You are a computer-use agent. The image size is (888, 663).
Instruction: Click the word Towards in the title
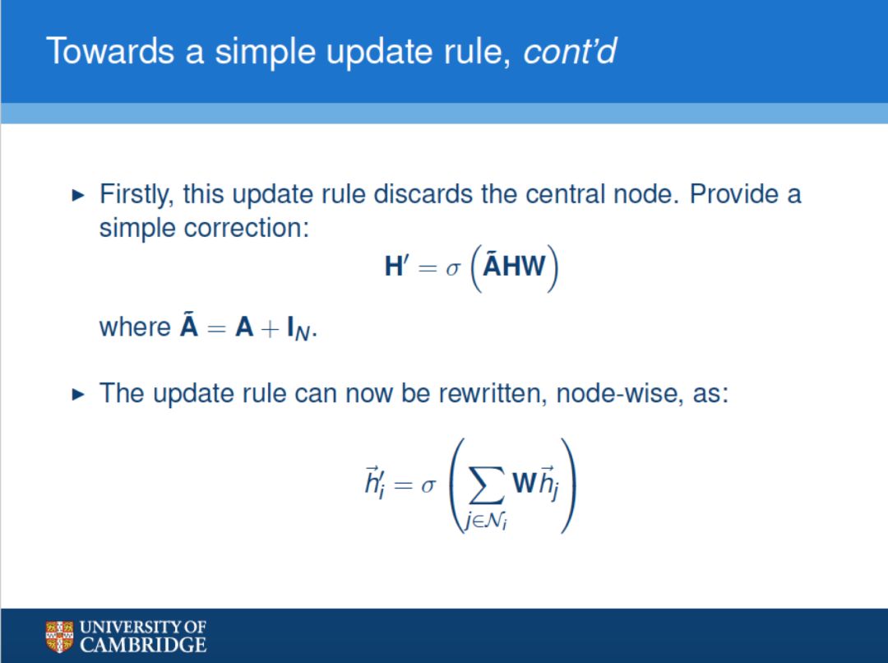(110, 51)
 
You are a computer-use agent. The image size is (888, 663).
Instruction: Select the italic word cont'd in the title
(570, 51)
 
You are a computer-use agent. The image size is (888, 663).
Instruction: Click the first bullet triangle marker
(78, 196)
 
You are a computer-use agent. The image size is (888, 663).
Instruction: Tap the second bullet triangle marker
(78, 394)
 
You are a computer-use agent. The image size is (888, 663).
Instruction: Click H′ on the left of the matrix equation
(397, 267)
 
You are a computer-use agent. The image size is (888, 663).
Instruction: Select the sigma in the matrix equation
(453, 268)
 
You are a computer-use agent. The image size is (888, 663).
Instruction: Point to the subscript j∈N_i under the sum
(486, 520)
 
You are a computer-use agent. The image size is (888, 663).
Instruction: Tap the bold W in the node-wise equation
(524, 483)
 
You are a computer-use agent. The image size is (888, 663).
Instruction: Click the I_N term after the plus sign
(298, 329)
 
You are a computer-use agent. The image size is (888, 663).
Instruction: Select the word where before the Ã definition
(135, 327)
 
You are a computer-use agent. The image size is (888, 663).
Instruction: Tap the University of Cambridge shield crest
(59, 637)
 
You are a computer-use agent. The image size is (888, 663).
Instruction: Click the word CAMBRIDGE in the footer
(143, 645)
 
